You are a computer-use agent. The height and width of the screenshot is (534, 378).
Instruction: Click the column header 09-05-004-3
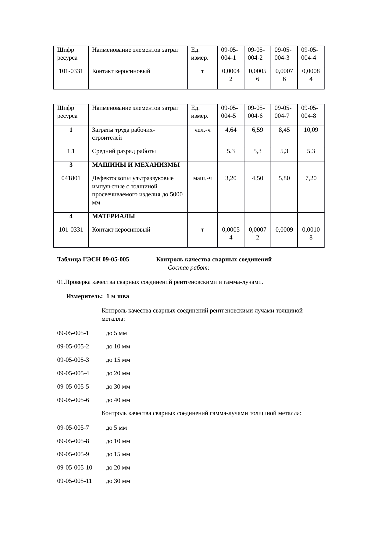click(x=282, y=54)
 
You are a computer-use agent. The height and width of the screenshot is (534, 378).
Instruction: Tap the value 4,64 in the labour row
click(x=231, y=130)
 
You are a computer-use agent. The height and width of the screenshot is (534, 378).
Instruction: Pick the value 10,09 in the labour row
click(x=311, y=130)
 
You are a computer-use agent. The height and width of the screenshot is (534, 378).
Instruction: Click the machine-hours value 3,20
click(x=231, y=178)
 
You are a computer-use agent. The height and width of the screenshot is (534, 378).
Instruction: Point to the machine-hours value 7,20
click(x=311, y=178)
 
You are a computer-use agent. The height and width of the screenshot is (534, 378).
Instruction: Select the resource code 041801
click(x=71, y=178)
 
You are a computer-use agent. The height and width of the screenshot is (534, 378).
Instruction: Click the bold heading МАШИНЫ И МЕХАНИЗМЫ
click(x=136, y=165)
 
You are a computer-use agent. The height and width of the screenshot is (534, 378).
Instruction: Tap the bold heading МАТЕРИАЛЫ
click(x=113, y=216)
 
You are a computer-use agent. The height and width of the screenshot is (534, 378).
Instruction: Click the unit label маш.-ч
click(x=203, y=178)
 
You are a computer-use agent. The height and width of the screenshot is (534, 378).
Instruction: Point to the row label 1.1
click(x=71, y=151)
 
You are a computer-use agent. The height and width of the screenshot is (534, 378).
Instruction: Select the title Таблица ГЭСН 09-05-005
click(x=93, y=260)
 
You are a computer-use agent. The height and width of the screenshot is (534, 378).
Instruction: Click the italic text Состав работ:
click(x=188, y=268)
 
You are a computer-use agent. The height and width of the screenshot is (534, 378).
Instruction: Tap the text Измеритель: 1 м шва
click(x=98, y=296)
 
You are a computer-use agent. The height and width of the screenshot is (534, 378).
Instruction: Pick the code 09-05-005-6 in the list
click(x=73, y=400)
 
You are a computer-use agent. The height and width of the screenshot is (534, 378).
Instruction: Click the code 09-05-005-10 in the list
click(x=75, y=468)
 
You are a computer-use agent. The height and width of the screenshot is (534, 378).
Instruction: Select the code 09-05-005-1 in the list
click(x=73, y=333)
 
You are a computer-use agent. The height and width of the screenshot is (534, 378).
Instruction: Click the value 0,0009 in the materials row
click(x=284, y=230)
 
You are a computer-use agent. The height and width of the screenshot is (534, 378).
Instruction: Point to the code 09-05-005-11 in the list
click(x=75, y=481)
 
